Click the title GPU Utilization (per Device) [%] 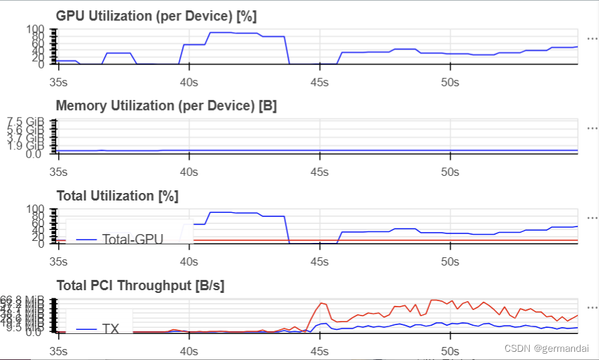coord(156,16)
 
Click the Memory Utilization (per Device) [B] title coord(166,105)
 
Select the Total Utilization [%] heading coord(117,196)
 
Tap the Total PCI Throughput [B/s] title coord(140,285)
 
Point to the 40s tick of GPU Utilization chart coord(188,81)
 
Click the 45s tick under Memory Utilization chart coord(319,171)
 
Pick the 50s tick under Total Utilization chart coord(450,261)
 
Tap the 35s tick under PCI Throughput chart coord(59,350)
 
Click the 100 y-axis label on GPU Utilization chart coord(36,30)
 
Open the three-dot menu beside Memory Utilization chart coord(592,127)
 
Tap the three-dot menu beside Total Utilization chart coord(592,217)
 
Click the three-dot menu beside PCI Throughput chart coord(592,307)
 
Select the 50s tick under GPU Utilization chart coord(450,81)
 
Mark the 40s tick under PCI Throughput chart coord(188,350)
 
